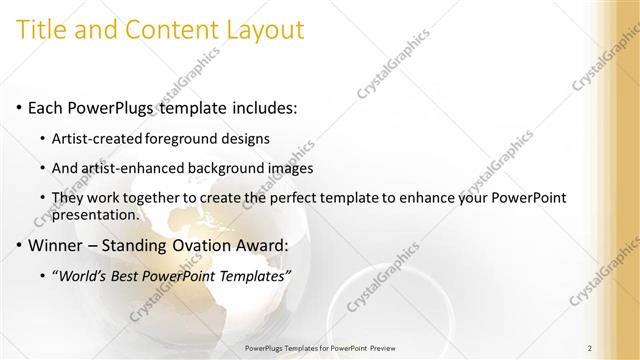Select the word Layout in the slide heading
(262, 30)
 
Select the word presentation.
(98, 214)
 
